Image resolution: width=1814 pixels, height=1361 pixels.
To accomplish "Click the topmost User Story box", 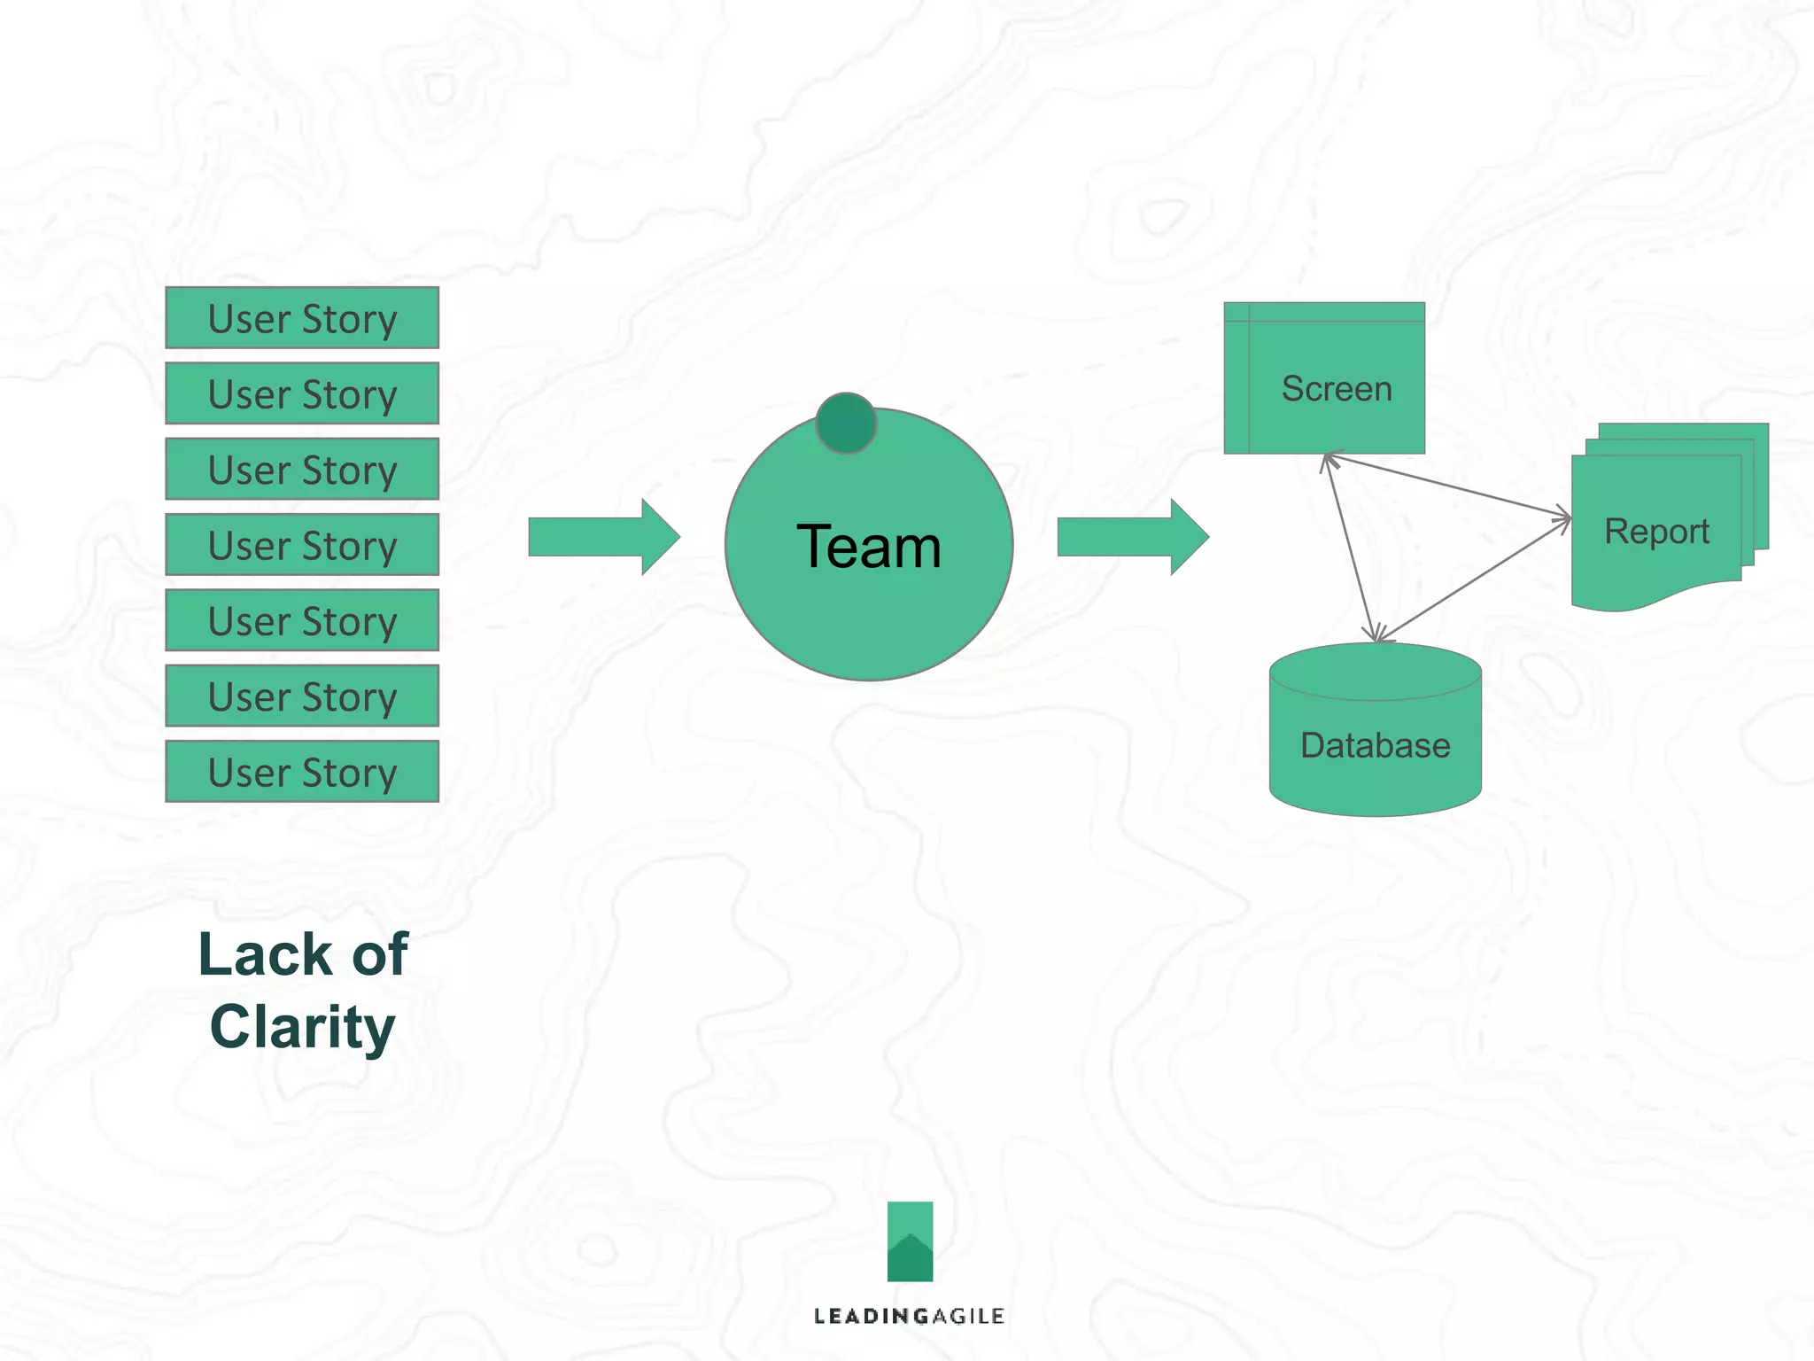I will click(302, 318).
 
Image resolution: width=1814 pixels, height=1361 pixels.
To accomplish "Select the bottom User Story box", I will click(302, 772).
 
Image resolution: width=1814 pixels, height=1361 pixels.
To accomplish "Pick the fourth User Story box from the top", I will click(302, 545).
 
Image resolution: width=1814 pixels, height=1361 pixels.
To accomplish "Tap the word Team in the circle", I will click(868, 547).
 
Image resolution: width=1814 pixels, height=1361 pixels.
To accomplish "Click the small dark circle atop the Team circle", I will click(846, 424).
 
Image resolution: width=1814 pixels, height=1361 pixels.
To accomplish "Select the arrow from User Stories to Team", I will click(603, 537).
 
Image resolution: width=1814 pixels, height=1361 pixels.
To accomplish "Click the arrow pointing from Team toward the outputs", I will click(1132, 537).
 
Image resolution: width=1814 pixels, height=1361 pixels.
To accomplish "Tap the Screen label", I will click(1336, 389).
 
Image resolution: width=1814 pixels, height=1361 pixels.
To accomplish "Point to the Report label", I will click(1655, 532).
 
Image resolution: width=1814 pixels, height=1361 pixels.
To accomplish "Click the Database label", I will click(1375, 745).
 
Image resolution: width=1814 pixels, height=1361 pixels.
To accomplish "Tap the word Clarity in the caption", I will click(302, 1027).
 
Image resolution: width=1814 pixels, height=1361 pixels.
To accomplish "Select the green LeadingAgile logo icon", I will click(910, 1241).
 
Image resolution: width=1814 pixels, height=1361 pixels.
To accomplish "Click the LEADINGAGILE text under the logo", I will click(909, 1317).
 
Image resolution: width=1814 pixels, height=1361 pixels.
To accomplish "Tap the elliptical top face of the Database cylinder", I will click(1375, 672).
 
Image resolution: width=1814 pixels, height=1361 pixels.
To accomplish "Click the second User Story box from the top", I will click(302, 393).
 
